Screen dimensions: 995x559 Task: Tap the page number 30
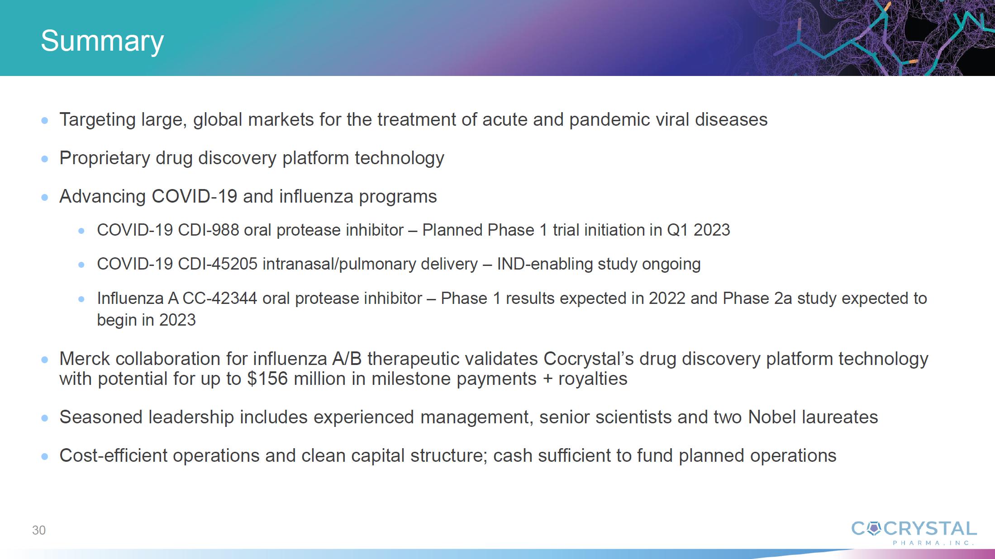click(39, 530)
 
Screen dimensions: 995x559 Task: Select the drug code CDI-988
click(209, 230)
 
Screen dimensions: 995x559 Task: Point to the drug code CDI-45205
click(218, 264)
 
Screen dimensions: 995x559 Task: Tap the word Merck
click(85, 359)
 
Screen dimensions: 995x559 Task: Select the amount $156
click(267, 379)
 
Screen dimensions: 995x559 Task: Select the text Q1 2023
click(699, 230)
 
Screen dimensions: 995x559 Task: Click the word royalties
click(593, 379)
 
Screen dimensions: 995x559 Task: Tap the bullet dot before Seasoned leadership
click(45, 418)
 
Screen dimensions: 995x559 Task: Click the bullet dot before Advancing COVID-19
click(45, 197)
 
